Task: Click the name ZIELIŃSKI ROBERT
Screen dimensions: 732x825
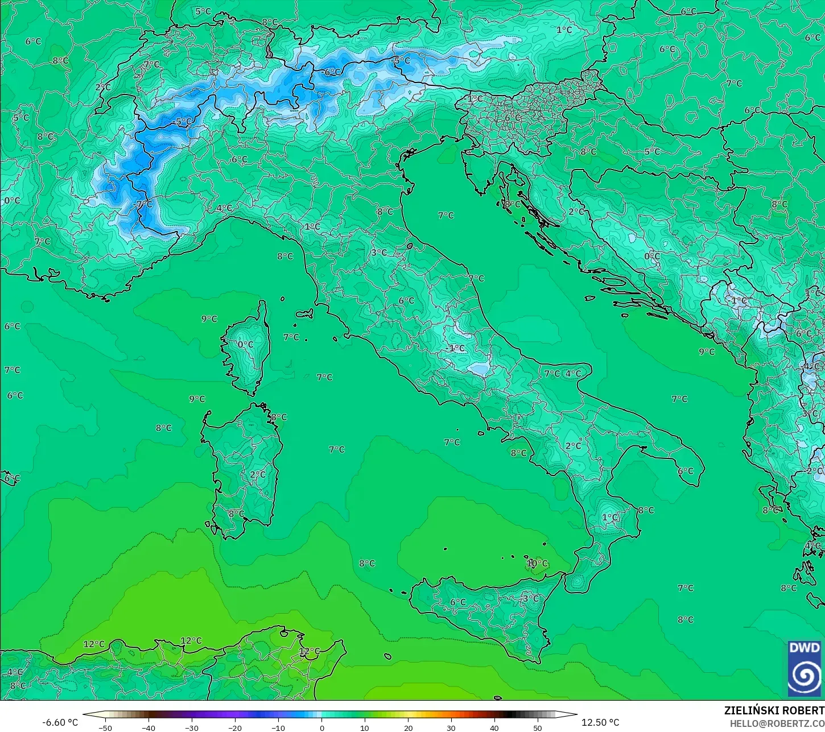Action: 774,710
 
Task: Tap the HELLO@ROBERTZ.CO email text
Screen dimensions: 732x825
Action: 777,723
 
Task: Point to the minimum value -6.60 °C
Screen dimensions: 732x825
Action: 60,722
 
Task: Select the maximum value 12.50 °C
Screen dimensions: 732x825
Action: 600,722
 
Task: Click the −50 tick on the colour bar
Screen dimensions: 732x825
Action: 105,727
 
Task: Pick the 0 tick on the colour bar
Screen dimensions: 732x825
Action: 321,727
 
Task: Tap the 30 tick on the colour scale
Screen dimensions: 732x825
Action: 451,727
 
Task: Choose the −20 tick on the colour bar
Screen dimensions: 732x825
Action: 235,727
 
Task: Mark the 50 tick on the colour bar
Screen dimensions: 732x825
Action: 538,727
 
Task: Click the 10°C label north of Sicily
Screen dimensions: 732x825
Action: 537,564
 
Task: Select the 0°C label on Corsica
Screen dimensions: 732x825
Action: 245,345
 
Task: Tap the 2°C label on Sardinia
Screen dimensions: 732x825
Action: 257,474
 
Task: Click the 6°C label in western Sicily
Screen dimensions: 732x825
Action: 457,602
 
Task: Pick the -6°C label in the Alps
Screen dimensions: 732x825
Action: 332,72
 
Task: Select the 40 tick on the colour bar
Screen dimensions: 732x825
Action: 494,727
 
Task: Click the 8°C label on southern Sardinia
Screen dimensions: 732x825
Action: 236,514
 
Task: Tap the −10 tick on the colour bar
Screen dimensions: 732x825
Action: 278,727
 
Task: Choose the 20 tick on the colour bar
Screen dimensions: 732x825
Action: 408,727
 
